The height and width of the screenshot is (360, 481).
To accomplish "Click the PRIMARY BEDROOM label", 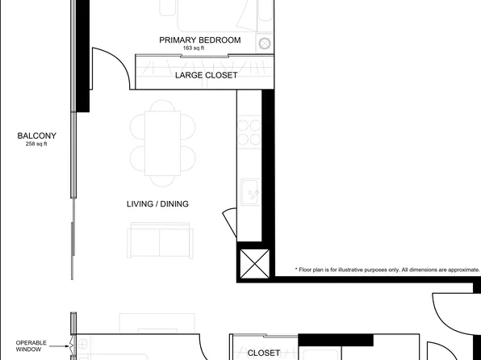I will pos(199,40).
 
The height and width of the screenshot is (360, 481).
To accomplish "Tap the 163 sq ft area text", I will pos(194,48).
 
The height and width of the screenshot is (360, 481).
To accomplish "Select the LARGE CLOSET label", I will pos(207,75).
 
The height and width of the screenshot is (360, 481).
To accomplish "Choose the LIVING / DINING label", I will pos(157,204).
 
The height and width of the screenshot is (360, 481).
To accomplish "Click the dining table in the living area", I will pos(162,144).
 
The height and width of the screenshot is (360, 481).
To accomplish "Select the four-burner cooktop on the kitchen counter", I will pos(249,132).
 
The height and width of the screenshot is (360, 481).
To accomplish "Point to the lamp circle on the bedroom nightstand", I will pos(265,43).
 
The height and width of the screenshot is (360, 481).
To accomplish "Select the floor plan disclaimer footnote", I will pos(387,270).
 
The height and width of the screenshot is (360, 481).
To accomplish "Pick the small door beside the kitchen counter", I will pos(229,219).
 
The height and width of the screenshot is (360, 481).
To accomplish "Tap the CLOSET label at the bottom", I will pos(263,353).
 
